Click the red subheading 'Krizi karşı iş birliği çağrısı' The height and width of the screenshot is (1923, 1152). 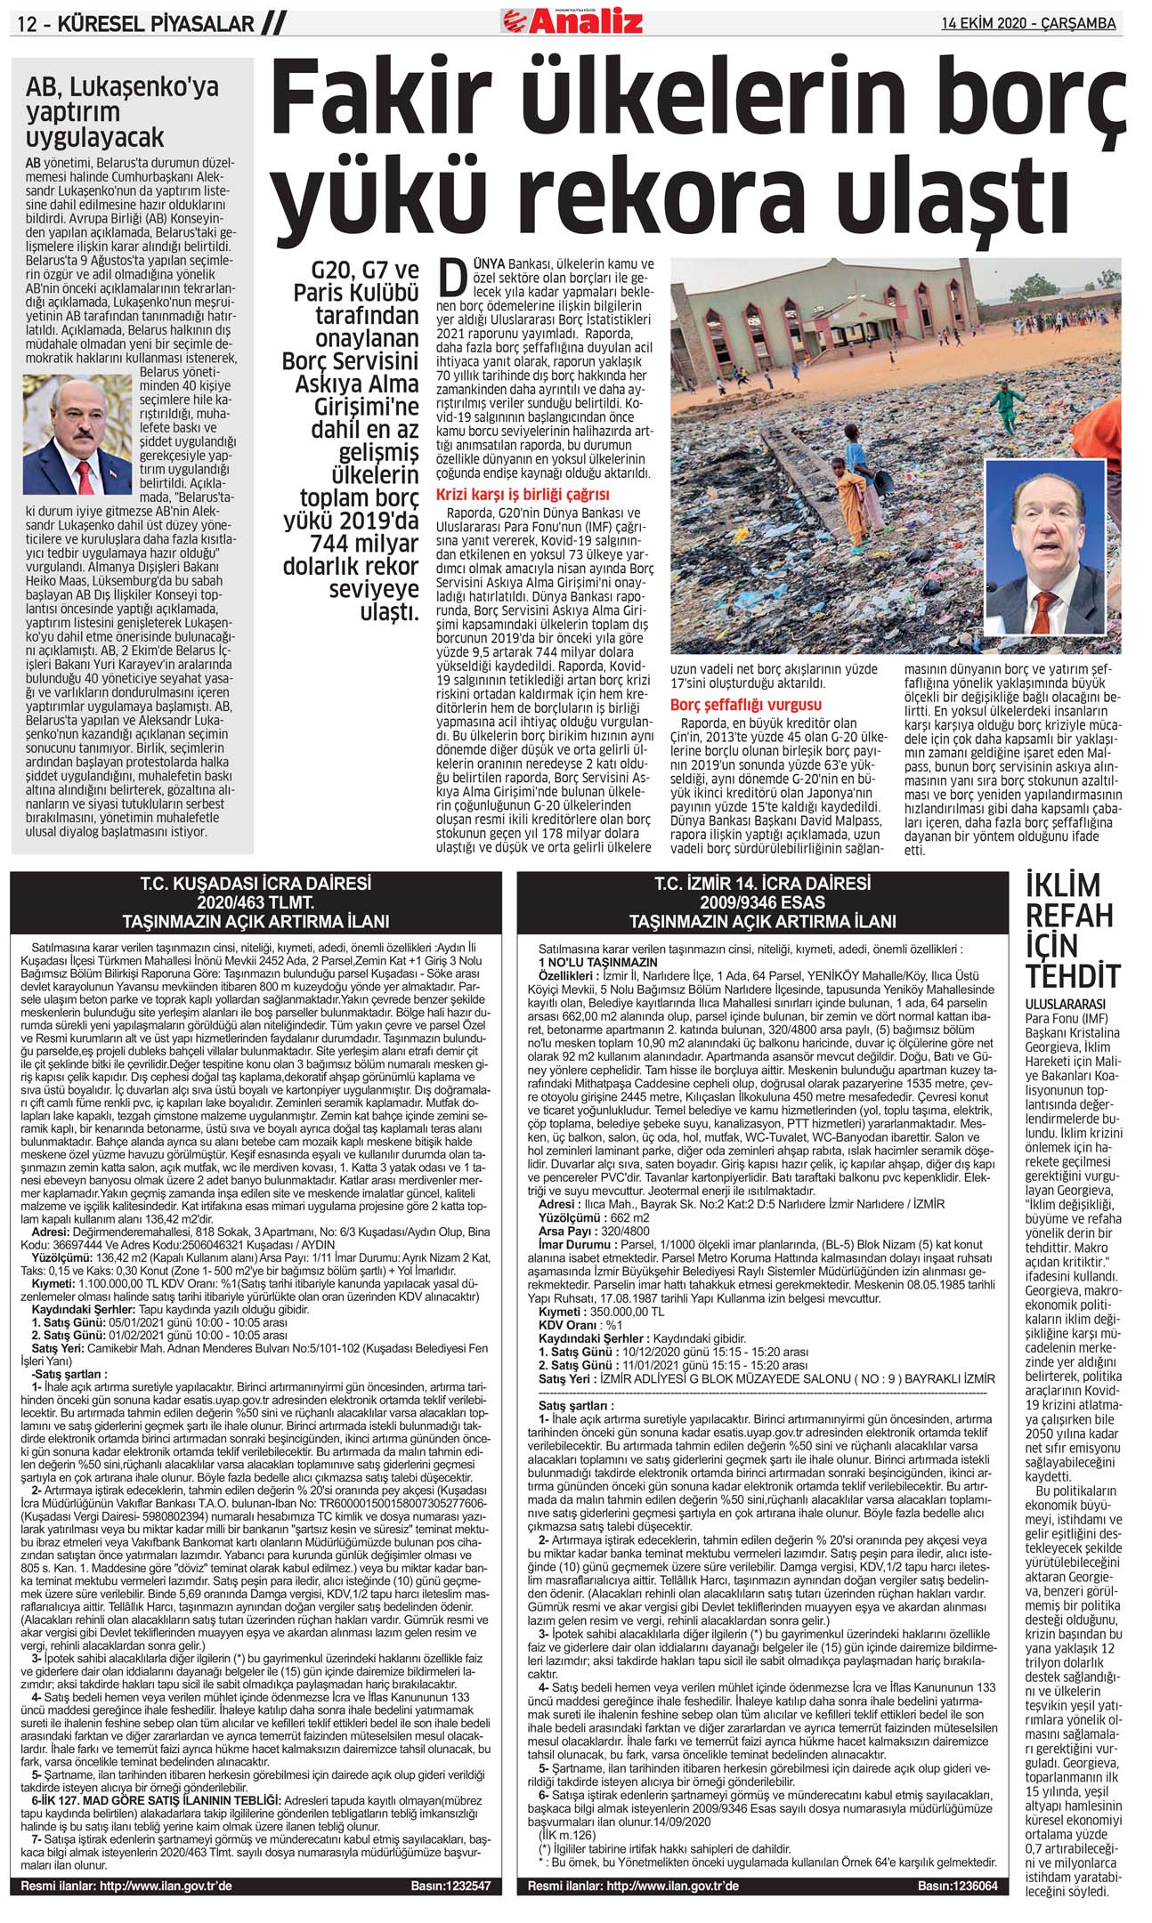(523, 495)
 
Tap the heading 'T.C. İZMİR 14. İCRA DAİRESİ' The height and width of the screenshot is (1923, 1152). (762, 884)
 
